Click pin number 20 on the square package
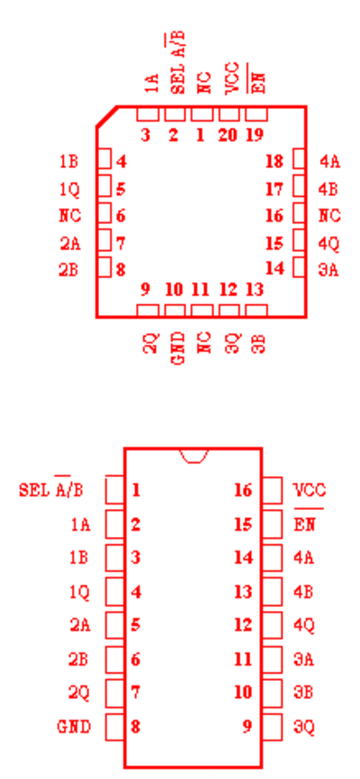click(227, 135)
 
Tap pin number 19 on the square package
click(255, 135)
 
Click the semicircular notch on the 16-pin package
click(193, 455)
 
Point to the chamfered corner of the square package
click(107, 116)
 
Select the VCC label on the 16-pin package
click(310, 490)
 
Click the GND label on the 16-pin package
click(74, 727)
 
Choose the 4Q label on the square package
click(329, 244)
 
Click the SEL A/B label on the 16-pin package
click(51, 488)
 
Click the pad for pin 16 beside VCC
click(272, 490)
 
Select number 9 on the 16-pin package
click(247, 727)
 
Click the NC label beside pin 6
click(69, 216)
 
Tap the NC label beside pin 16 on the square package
click(329, 216)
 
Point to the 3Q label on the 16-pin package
click(304, 728)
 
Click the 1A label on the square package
click(152, 83)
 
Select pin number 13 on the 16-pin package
click(244, 592)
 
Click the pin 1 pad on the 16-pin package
click(115, 490)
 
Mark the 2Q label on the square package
click(150, 343)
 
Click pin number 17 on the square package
click(274, 189)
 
